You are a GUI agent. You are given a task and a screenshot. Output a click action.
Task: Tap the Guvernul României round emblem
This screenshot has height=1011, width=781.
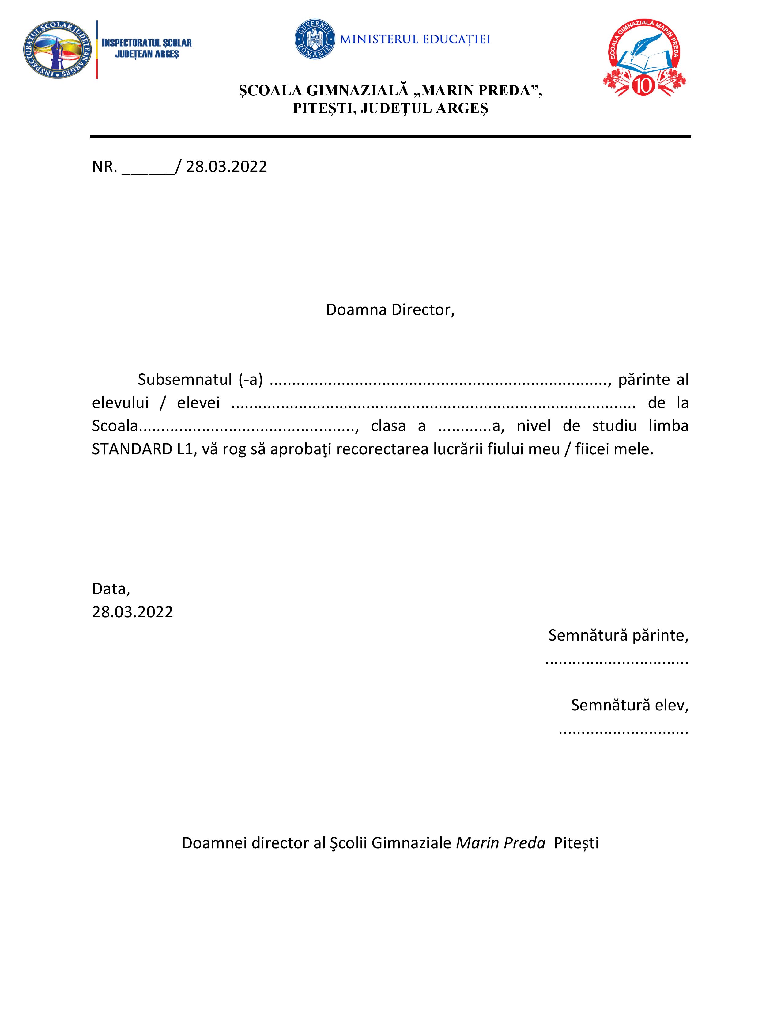point(315,39)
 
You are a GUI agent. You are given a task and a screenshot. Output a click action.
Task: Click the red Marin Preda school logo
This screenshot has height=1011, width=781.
point(644,57)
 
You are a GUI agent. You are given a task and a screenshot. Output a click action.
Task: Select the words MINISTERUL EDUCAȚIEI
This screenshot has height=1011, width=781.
point(415,39)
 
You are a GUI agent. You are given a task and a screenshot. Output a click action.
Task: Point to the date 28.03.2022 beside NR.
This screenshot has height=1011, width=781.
point(226,167)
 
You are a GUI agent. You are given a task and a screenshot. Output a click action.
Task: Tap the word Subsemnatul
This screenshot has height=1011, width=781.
point(185,380)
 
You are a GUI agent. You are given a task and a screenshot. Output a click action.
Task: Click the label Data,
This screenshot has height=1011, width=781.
point(111,589)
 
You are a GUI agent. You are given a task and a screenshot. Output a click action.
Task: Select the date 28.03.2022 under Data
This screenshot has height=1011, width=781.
point(132,612)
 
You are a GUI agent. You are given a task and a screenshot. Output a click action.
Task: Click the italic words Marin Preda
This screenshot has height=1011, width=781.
point(501,843)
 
